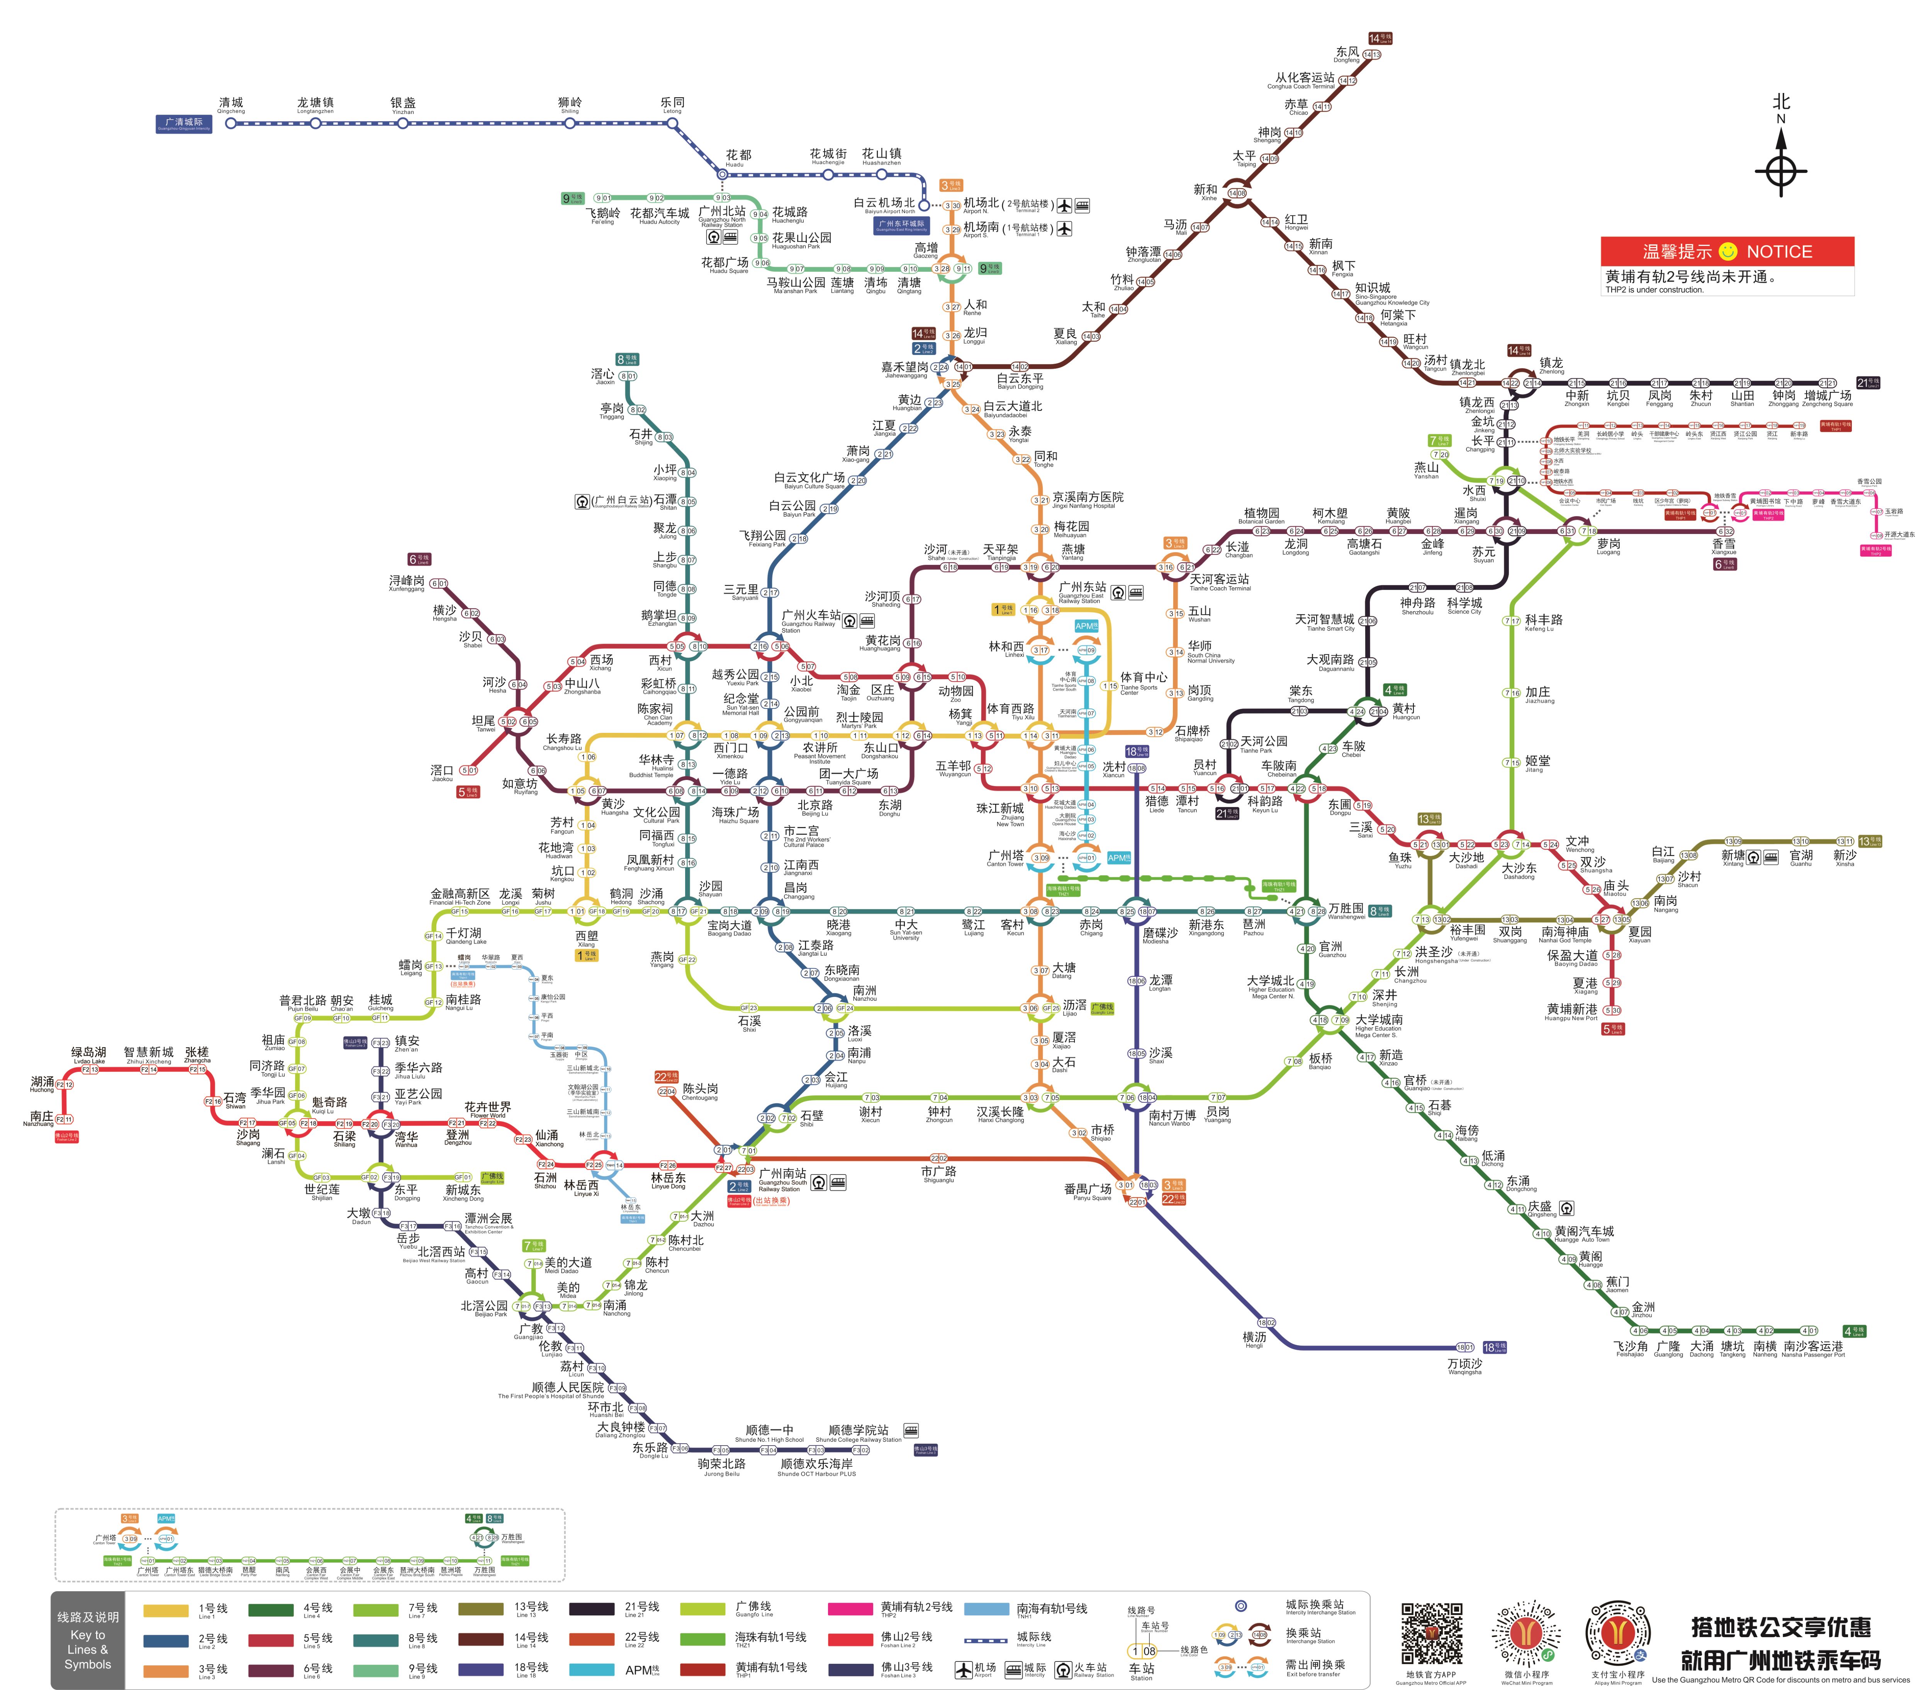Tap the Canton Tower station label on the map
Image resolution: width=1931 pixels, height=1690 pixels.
point(1006,858)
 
